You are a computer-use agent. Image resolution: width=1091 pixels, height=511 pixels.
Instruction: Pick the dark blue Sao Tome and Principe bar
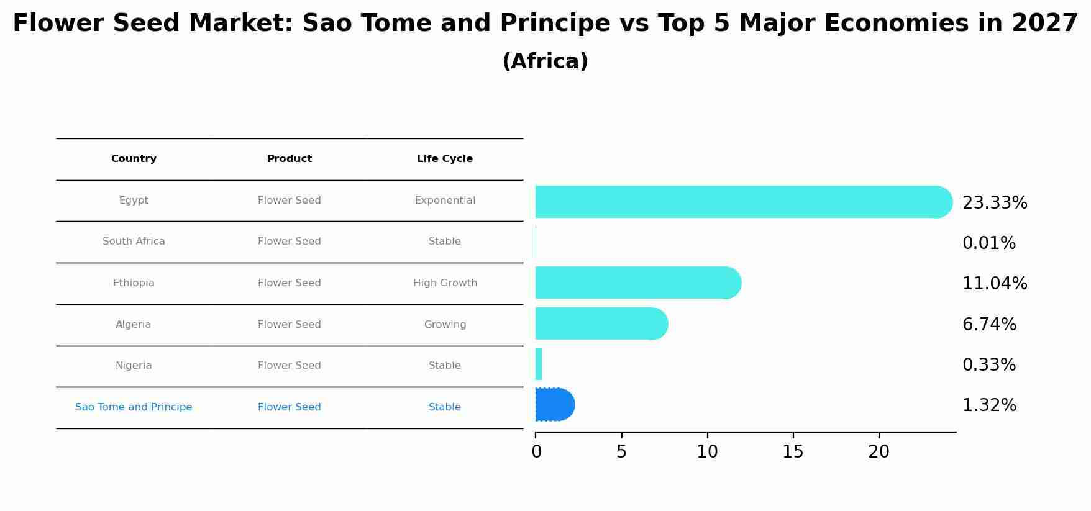coord(554,404)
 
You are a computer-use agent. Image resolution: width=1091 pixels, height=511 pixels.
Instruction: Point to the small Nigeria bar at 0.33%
coord(539,364)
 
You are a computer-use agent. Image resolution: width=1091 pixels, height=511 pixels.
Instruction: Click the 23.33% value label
coord(994,203)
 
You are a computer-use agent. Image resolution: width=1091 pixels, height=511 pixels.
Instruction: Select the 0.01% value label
coord(988,243)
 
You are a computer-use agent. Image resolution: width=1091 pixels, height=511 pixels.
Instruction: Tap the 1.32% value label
coord(988,405)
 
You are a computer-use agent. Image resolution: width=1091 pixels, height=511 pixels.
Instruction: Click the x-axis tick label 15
coord(793,452)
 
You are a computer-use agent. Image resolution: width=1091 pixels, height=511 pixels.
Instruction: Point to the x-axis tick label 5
coord(621,452)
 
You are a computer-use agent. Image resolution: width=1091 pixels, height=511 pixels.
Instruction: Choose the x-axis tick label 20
coord(879,452)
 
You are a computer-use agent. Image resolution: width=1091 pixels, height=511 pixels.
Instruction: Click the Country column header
coord(134,159)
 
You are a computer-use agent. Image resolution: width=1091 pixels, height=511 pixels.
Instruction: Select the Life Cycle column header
coord(445,159)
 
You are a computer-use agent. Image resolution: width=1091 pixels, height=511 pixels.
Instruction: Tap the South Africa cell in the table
coord(134,242)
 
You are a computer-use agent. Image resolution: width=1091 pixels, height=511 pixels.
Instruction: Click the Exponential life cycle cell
coord(445,201)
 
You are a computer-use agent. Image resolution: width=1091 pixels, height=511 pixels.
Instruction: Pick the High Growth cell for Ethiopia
coord(445,283)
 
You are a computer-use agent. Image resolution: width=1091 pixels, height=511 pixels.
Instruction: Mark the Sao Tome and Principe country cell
coord(134,407)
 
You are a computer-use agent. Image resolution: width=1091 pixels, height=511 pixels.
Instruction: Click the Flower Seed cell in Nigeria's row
coord(290,366)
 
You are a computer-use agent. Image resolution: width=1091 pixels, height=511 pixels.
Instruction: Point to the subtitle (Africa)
coord(545,61)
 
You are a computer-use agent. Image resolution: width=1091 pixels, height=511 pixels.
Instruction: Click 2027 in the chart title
coord(1044,24)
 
